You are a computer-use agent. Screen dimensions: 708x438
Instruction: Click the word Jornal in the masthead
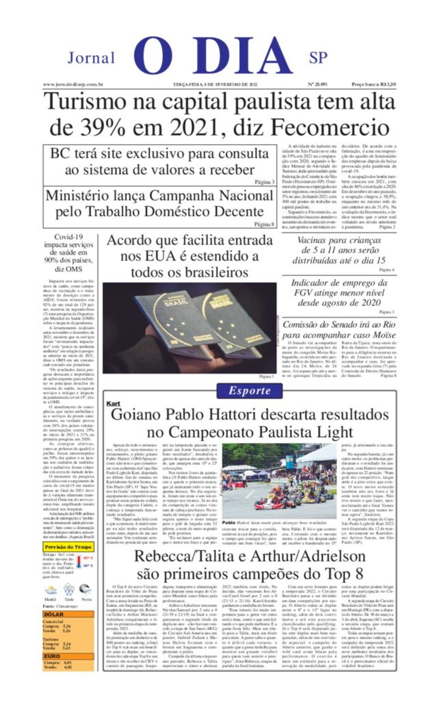[x=91, y=58]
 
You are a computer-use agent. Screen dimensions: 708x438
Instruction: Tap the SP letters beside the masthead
[x=318, y=58]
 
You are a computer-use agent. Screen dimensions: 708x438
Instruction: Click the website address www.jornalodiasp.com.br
[x=73, y=85]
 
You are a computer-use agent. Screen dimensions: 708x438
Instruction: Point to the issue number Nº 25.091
[x=317, y=85]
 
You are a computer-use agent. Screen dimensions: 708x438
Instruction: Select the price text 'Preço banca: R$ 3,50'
[x=373, y=85]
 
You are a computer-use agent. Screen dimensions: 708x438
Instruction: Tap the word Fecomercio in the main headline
[x=330, y=127]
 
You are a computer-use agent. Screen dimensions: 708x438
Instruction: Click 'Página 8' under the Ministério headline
[x=264, y=224]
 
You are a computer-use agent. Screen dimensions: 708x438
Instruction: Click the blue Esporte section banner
[x=249, y=390]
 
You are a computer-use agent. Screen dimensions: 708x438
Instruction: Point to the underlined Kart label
[x=113, y=403]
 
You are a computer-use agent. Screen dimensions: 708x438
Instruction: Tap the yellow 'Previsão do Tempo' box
[x=68, y=547]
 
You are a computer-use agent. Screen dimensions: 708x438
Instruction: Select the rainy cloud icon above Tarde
[x=68, y=590]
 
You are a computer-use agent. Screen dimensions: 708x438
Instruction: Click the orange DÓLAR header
[x=68, y=614]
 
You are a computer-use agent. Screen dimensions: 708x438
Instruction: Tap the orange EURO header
[x=68, y=656]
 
